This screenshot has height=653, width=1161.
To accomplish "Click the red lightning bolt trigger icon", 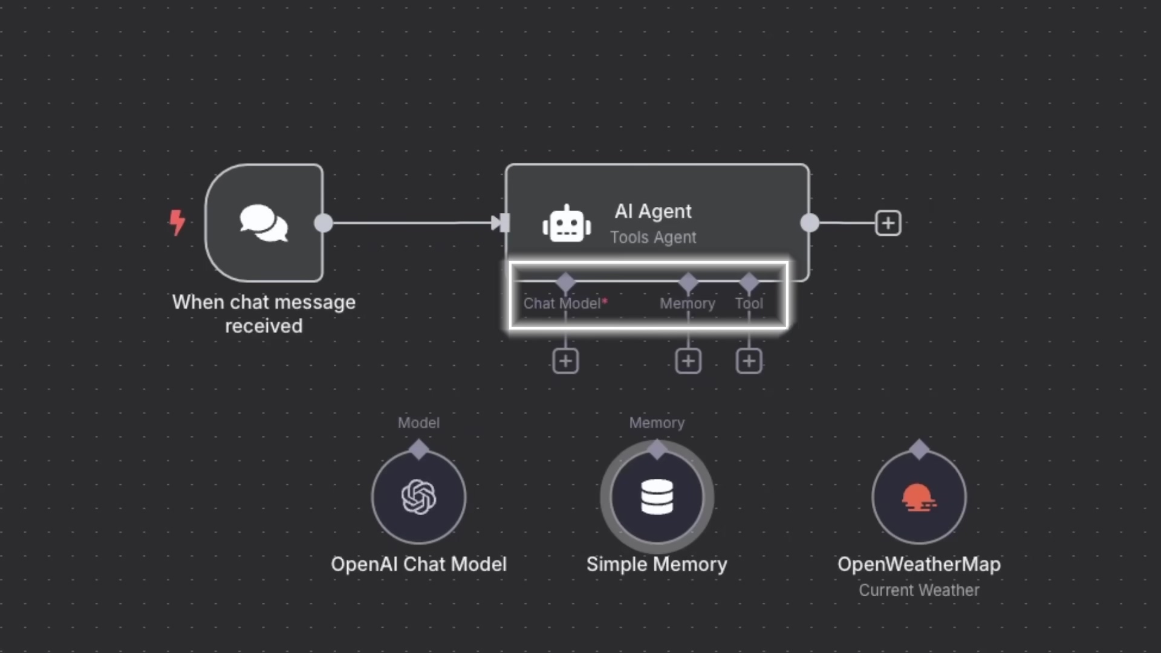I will pos(177,223).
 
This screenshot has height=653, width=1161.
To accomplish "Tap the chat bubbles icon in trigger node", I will pos(264,223).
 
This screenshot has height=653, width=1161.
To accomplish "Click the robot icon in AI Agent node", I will pos(567,224).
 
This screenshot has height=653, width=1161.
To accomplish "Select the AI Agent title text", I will pos(653,211).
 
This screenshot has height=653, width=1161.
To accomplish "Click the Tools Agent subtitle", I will pos(653,238).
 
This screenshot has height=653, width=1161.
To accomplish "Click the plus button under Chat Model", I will pos(565,362).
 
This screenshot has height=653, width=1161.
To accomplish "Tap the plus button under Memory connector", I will pos(688,362).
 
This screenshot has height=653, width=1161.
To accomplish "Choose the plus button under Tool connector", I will pos(749,362).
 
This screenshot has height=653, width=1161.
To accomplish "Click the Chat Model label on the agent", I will pos(562,304).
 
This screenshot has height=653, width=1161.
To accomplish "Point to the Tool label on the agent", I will pos(749,304).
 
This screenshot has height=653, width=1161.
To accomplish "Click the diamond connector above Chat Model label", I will pos(565,282).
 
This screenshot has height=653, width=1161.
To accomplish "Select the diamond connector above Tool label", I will pos(749,282).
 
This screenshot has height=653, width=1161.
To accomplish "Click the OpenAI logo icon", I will pos(418,497).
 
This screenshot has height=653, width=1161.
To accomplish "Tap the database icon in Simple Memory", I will pos(657,497).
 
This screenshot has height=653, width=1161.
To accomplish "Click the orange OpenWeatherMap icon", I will pos(919,497).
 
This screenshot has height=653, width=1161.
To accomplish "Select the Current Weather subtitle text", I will pos(919,590).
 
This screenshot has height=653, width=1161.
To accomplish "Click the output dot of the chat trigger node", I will pos(324,223).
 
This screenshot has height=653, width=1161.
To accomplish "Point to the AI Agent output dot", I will pos(810,223).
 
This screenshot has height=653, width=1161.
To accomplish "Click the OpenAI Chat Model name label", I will pos(418,564).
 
